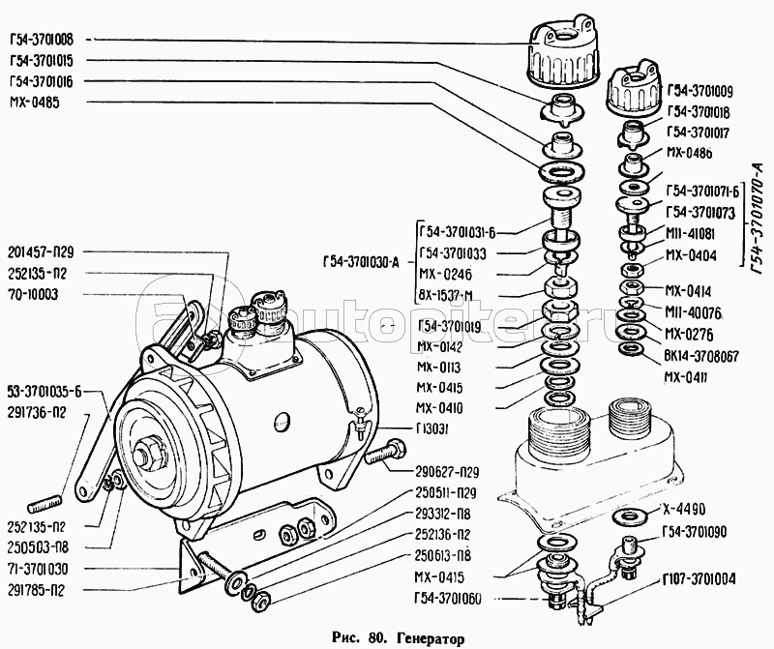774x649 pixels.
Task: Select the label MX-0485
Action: (34, 102)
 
